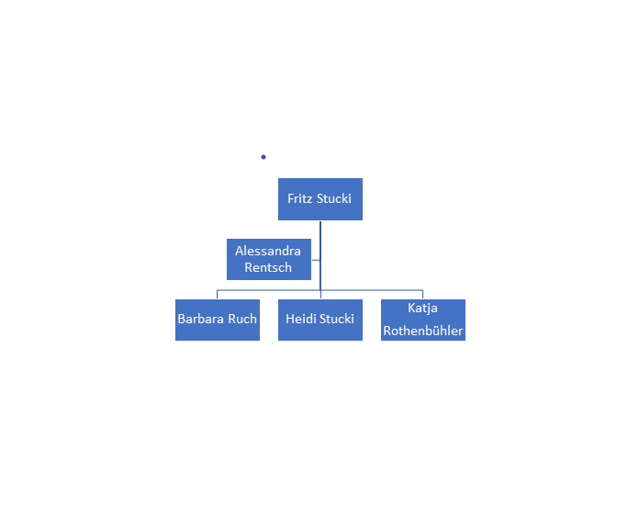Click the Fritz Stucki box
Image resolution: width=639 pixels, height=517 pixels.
[x=320, y=199]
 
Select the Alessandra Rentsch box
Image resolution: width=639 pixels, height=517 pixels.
[x=269, y=259]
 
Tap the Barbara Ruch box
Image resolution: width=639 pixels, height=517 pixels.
[x=218, y=320]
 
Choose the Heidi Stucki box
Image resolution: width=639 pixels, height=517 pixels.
[x=320, y=320]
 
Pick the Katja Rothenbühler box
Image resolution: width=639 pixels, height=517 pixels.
[x=423, y=320]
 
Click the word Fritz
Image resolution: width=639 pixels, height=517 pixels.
[x=300, y=198]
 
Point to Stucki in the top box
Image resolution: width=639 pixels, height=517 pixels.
[x=334, y=198]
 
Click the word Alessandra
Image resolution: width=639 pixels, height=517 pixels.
[x=268, y=251]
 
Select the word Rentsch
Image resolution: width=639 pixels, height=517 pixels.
[x=268, y=267]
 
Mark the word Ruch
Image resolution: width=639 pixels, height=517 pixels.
[x=242, y=319]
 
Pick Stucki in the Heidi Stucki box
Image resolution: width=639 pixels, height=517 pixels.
[x=337, y=319]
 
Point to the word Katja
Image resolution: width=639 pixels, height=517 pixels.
[x=422, y=309]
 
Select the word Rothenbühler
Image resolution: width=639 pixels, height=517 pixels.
[x=423, y=331]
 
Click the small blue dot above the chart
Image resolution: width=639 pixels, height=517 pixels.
[x=263, y=157]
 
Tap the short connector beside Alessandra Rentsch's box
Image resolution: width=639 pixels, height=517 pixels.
[x=316, y=260]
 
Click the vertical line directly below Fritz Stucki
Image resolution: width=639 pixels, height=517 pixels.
[x=320, y=255]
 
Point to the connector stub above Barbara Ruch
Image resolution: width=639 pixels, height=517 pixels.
[x=218, y=295]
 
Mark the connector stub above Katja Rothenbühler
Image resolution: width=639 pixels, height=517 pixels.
[x=423, y=295]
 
